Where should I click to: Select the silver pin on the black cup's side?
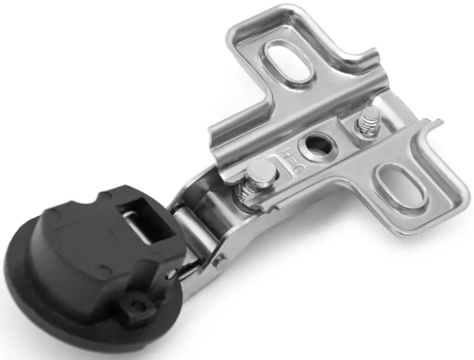[x=171, y=274]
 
